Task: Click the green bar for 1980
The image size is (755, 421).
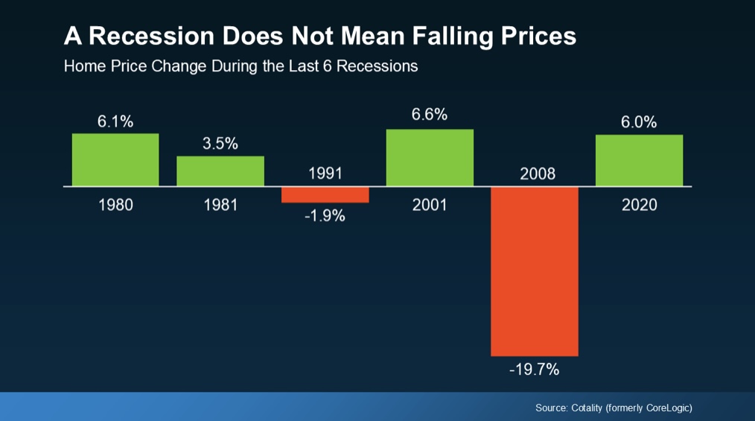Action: point(115,159)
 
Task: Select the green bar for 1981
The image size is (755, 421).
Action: point(220,171)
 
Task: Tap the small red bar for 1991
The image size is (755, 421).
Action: point(325,194)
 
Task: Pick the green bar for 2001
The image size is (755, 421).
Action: point(430,157)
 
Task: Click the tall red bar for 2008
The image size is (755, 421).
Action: point(534,270)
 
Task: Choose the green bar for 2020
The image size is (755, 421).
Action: point(639,160)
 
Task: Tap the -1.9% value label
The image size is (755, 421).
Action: point(325,218)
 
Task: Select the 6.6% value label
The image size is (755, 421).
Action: point(430,115)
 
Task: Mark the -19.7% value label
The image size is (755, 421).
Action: point(534,369)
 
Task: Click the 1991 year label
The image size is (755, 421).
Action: point(325,174)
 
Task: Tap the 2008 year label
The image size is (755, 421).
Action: point(534,174)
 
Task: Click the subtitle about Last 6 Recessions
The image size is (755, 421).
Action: point(240,66)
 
